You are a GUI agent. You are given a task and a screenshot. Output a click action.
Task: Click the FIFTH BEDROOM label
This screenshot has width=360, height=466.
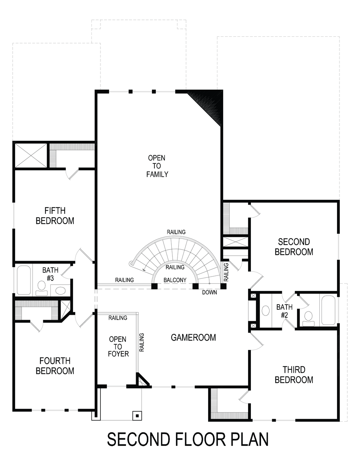tap(55, 215)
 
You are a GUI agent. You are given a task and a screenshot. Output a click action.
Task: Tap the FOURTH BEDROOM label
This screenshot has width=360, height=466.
tap(55, 366)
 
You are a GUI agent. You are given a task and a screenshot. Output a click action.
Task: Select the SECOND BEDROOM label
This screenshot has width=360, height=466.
tap(294, 247)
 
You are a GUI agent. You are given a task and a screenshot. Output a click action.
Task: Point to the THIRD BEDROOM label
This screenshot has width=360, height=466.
tap(294, 375)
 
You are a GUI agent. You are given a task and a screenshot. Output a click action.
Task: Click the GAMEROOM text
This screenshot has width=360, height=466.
tap(193, 337)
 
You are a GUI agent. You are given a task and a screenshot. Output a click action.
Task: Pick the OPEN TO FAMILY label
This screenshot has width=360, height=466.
tap(157, 166)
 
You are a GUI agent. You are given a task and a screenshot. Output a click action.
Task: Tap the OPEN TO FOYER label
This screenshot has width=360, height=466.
tap(118, 346)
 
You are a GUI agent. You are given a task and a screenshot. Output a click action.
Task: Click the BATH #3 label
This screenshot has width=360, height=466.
tap(50, 274)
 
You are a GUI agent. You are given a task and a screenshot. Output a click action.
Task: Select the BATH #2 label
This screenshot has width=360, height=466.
tap(284, 311)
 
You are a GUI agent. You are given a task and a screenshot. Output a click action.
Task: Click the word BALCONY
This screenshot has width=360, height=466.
tap(175, 280)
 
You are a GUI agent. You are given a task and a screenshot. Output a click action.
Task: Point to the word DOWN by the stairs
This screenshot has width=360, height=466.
tap(209, 292)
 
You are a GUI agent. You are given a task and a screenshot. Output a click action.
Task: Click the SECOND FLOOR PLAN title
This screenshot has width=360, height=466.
tap(188, 440)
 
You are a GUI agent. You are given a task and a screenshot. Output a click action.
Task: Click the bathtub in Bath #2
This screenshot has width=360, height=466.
tap(329, 310)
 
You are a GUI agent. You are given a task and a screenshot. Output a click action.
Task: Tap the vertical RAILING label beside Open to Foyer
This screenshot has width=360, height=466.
tap(141, 342)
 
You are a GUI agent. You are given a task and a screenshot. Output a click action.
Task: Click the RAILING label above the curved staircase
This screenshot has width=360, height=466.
tap(176, 232)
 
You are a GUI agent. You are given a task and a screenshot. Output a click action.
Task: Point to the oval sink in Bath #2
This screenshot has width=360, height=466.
tap(266, 311)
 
